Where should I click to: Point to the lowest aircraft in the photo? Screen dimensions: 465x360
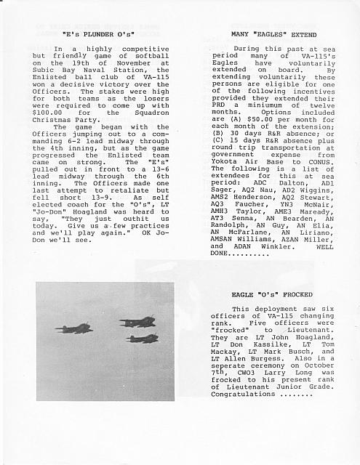point(142,339)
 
